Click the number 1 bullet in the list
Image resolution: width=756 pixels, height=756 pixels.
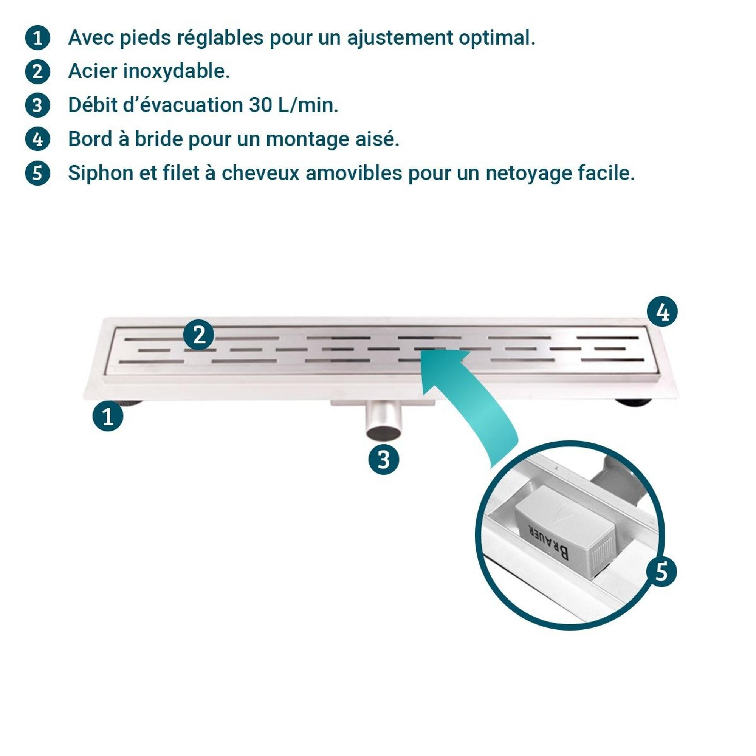click(x=37, y=38)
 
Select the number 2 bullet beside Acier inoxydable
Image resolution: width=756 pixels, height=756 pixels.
click(x=37, y=72)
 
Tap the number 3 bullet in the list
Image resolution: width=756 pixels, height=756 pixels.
click(x=37, y=106)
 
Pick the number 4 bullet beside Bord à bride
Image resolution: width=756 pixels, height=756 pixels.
click(x=37, y=139)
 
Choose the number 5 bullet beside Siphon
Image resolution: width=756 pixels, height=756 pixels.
click(x=37, y=173)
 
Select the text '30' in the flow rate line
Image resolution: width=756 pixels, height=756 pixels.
click(x=260, y=106)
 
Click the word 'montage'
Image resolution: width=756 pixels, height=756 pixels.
click(x=307, y=140)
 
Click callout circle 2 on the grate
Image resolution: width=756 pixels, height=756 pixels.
click(x=199, y=335)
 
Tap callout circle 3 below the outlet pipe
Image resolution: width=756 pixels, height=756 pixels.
click(x=384, y=459)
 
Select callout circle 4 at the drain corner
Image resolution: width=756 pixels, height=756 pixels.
click(x=663, y=312)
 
